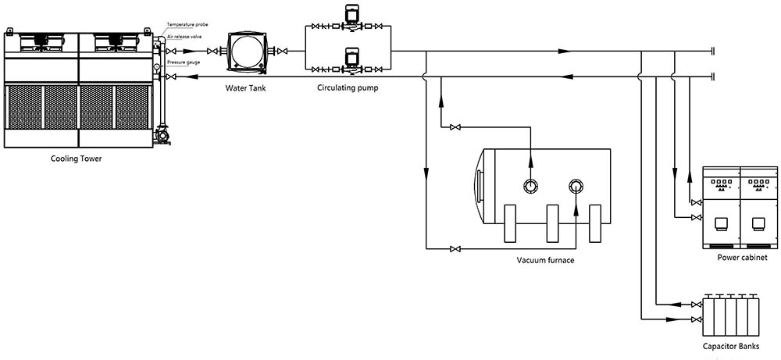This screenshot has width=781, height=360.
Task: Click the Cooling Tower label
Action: (77, 159)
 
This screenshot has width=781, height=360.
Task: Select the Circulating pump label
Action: (348, 88)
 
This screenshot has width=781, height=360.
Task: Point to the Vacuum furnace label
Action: (545, 260)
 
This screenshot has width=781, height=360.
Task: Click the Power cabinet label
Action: (742, 258)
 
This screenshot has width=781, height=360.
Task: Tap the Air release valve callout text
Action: (184, 37)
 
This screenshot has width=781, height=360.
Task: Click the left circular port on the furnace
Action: (530, 186)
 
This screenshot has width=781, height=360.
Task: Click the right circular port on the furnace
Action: (576, 186)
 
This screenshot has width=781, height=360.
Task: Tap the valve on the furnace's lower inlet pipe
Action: (455, 249)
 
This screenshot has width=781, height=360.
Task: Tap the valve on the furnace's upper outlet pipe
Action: (455, 127)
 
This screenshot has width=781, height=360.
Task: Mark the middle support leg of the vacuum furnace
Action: (555, 223)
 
